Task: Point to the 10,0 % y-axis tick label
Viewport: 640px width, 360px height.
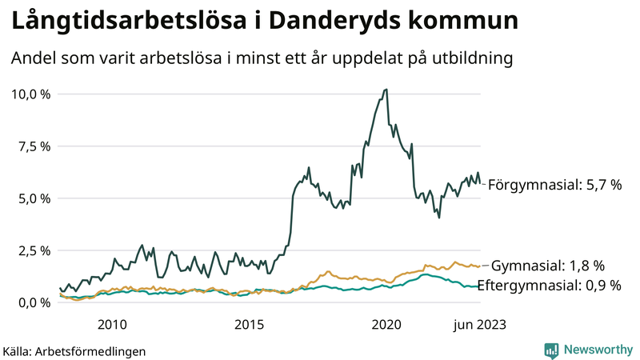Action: pos(31,94)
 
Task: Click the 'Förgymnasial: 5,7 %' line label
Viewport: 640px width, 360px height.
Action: pos(554,185)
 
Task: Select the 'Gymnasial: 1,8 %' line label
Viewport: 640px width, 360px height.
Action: pos(547,266)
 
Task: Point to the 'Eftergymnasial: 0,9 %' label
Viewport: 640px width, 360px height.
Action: pos(549,286)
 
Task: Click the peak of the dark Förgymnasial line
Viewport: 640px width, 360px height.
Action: pos(386,90)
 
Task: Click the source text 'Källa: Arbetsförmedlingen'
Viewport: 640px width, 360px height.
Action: pos(74,351)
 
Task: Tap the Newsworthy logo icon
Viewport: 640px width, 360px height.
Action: pos(551,350)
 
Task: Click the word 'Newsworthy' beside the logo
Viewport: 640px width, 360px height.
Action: pos(598,350)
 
